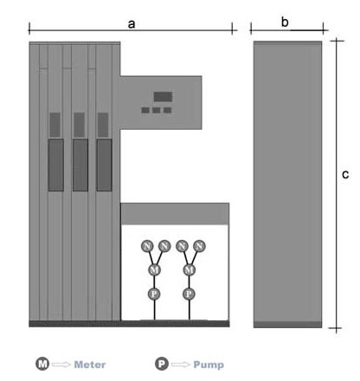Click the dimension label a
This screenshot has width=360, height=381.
(x=132, y=24)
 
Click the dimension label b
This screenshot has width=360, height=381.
(x=285, y=22)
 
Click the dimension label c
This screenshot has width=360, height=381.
(x=345, y=174)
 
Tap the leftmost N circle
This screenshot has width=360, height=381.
(x=147, y=246)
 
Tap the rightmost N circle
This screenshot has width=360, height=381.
(x=199, y=246)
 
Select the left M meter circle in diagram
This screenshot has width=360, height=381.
(x=154, y=270)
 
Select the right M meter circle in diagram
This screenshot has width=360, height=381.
(x=190, y=270)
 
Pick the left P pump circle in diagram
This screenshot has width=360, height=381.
(x=154, y=294)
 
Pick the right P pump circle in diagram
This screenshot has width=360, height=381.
(x=189, y=294)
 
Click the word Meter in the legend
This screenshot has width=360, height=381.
(x=90, y=365)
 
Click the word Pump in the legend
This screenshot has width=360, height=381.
(x=209, y=365)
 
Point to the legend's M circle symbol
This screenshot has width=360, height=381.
(x=42, y=364)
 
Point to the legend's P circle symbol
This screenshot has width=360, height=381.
(x=162, y=364)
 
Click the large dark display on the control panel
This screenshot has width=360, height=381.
(x=163, y=97)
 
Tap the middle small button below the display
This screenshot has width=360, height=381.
(x=157, y=110)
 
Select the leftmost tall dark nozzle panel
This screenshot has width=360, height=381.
(x=56, y=165)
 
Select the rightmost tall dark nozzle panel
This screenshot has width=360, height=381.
(x=104, y=165)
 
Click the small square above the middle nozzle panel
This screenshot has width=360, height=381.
(x=79, y=125)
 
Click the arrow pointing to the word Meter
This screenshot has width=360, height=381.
(x=61, y=365)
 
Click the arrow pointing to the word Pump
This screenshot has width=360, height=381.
(x=181, y=365)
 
